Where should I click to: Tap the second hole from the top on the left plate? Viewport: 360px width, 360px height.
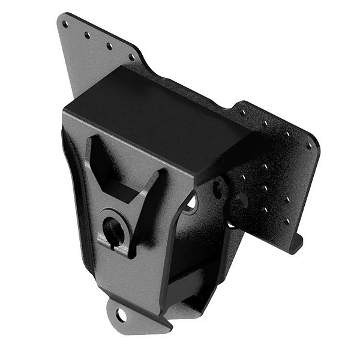(88, 35)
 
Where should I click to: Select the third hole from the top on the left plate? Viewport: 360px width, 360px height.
(110, 46)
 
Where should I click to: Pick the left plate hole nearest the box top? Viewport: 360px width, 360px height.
(131, 58)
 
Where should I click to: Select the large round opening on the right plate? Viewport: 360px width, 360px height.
(240, 201)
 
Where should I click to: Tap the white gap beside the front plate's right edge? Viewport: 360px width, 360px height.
(191, 204)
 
